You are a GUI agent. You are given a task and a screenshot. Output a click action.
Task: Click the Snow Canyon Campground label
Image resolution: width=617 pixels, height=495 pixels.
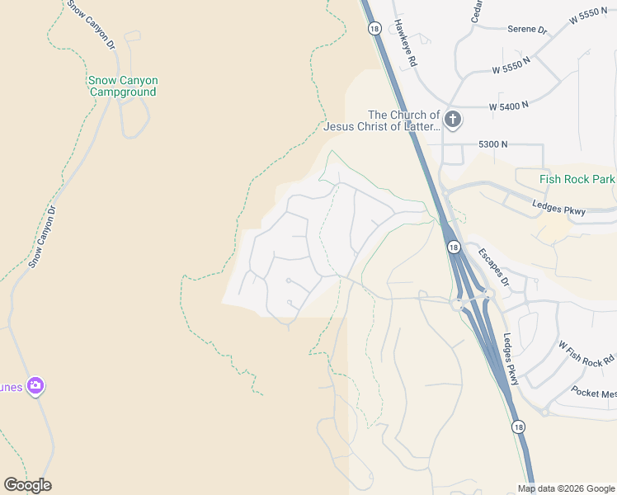point(123,86)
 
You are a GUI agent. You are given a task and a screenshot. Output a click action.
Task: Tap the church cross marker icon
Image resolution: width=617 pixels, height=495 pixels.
point(452,120)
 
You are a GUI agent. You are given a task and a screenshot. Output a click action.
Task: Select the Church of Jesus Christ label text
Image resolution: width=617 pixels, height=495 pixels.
point(381,120)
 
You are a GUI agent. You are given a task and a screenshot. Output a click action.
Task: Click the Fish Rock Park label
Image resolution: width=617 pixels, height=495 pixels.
point(577,179)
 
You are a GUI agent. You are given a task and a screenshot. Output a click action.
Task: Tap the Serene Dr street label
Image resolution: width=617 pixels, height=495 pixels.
point(528,30)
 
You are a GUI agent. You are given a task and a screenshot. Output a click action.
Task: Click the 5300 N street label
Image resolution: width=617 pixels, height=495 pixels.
point(492,144)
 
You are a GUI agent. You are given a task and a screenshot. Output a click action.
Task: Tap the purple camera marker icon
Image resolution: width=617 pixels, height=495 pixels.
point(35,385)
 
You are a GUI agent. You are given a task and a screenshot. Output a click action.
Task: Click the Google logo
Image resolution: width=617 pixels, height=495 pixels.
point(27,485)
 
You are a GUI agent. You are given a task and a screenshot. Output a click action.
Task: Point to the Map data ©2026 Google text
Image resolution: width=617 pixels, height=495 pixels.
point(566,488)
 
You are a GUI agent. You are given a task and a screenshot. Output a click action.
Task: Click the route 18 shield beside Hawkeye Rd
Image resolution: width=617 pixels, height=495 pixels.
point(374,28)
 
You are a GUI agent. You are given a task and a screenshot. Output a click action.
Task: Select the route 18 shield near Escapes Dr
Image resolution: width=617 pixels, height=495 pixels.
point(454,247)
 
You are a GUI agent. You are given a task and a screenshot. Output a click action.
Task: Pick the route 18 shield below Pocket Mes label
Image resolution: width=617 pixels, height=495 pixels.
point(517,427)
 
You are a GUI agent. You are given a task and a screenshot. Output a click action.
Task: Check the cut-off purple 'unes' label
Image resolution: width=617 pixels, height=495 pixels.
point(10,386)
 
